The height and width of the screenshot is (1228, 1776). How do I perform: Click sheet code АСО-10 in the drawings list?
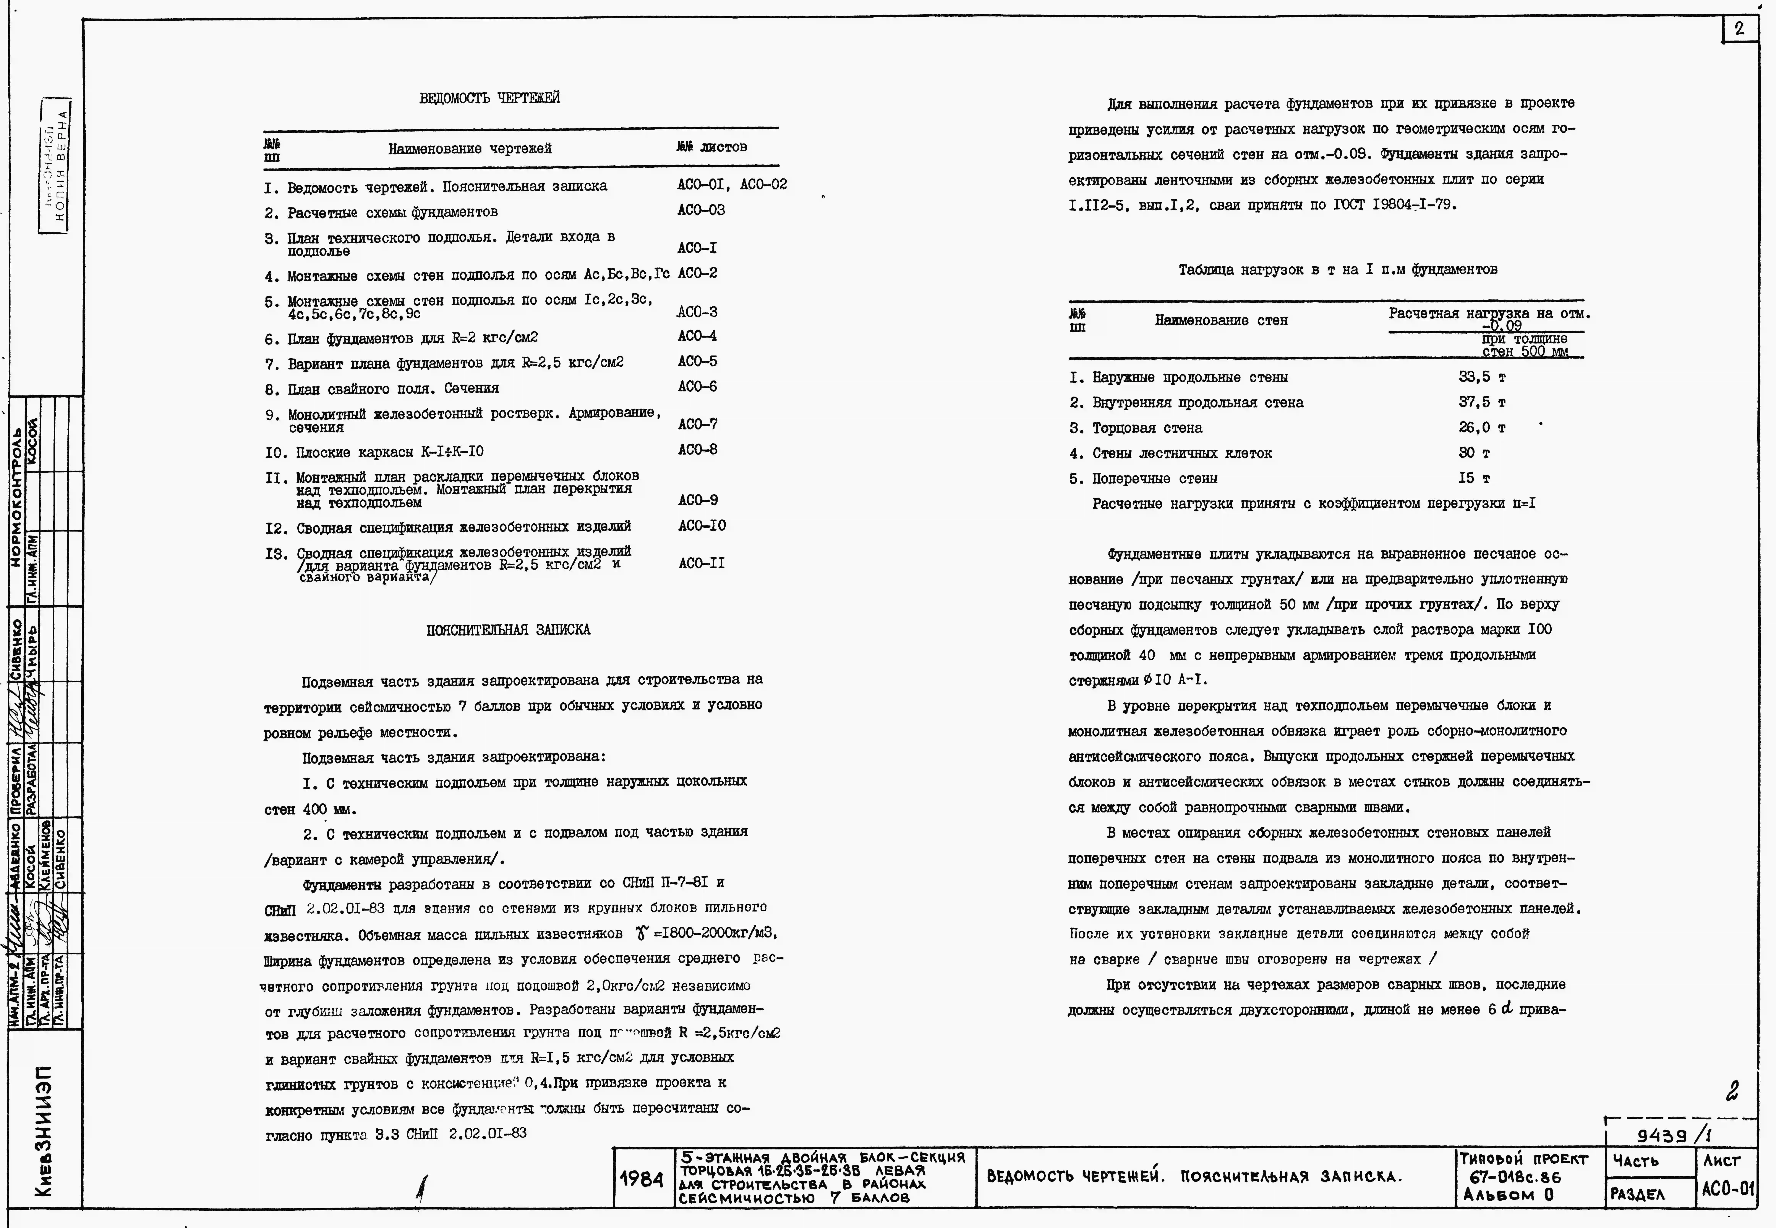702,526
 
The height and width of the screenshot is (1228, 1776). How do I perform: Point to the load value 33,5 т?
1481,377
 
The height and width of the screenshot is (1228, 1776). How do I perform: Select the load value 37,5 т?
1481,402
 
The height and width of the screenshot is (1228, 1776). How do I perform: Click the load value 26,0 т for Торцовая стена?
1481,428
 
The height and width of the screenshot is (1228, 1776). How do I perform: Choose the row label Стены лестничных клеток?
1181,453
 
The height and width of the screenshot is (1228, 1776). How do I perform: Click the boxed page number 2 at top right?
1739,29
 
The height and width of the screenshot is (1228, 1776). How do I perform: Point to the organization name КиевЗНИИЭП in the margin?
45,1131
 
